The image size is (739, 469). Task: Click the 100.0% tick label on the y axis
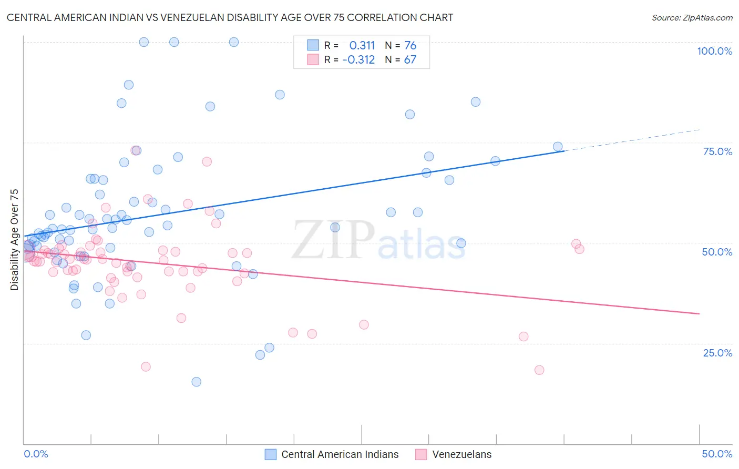click(714, 51)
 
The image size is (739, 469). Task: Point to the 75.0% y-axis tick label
click(717, 151)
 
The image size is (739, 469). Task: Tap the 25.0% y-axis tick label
click(717, 353)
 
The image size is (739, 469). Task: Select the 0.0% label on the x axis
click(36, 454)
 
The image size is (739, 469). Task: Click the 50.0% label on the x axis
click(717, 454)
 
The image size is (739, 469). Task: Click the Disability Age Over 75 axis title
click(14, 240)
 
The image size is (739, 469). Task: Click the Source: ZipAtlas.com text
click(692, 17)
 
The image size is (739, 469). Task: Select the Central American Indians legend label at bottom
click(340, 454)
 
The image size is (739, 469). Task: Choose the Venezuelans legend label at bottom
click(461, 454)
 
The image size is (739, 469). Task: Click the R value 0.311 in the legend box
click(362, 45)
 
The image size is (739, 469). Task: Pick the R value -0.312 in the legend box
click(358, 60)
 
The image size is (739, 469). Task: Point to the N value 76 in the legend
click(410, 45)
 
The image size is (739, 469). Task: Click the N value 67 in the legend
click(410, 60)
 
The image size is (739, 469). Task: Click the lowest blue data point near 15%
click(196, 382)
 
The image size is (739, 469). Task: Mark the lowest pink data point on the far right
click(539, 370)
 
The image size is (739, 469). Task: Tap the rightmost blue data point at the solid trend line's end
click(558, 147)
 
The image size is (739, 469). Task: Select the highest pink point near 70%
click(207, 161)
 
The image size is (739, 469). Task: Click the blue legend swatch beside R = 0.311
click(313, 45)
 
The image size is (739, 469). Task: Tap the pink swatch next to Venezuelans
click(421, 454)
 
